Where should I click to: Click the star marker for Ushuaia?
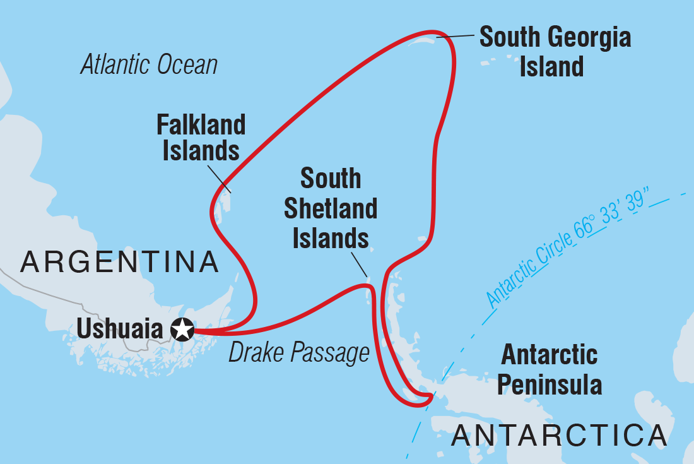[x=182, y=330]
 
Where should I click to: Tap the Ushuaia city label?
[x=120, y=330]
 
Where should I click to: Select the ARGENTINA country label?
[x=119, y=262]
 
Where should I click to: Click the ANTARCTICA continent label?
[x=559, y=435]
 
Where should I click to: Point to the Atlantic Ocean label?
[x=149, y=65]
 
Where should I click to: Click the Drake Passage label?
[x=298, y=353]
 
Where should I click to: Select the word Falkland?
[x=201, y=125]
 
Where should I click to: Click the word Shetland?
[x=331, y=208]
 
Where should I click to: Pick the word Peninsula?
[x=550, y=384]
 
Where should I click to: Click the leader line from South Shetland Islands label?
[x=360, y=264]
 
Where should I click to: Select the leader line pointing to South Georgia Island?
[x=454, y=37]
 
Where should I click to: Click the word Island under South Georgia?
[x=551, y=66]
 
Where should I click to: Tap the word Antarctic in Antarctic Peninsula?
[x=549, y=355]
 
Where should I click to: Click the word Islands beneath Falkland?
[x=201, y=152]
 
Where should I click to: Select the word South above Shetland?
[x=331, y=179]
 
